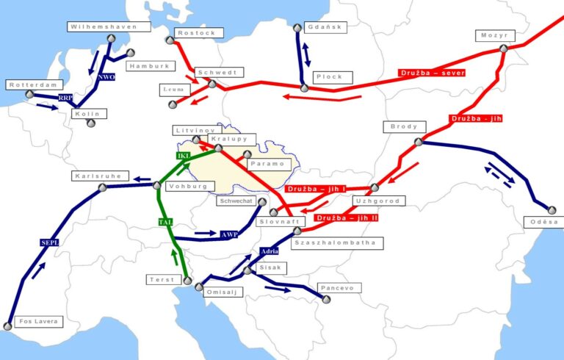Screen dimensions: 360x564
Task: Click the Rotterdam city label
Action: pyautogui.click(x=32, y=85)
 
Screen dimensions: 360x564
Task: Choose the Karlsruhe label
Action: pyautogui.click(x=101, y=176)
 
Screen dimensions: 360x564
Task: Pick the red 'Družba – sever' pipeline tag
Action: pyautogui.click(x=427, y=73)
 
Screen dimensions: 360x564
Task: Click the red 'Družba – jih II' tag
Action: pyautogui.click(x=344, y=218)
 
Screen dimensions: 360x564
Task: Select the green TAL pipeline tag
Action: pyautogui.click(x=164, y=221)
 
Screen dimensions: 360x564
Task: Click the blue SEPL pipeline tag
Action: pyautogui.click(x=48, y=242)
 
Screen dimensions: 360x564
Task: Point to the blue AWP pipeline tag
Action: pyautogui.click(x=229, y=235)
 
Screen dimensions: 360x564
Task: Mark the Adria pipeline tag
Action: pyautogui.click(x=270, y=252)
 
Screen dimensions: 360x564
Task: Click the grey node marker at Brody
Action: pyautogui.click(x=418, y=142)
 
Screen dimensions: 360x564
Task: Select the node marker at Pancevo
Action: pyautogui.click(x=325, y=298)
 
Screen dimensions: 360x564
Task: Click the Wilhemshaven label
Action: pyautogui.click(x=108, y=26)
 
